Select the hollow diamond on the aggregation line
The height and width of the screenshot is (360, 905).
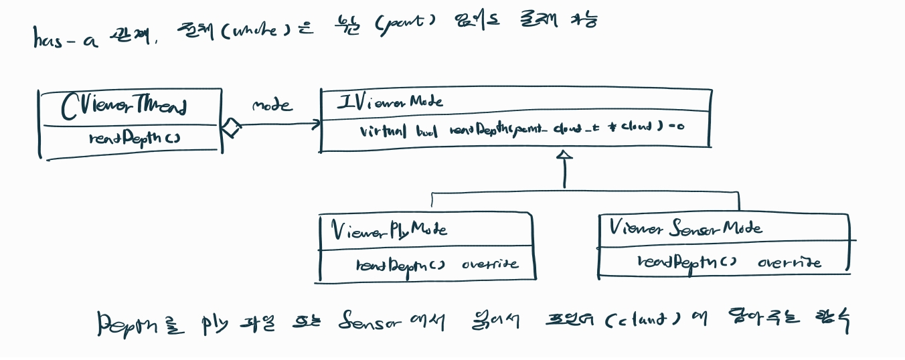coord(230,126)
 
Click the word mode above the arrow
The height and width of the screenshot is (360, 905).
coord(272,105)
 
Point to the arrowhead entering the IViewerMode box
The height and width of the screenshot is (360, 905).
coord(316,124)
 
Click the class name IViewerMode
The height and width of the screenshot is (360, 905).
coord(390,102)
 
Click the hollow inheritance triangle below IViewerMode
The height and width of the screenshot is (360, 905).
coord(565,155)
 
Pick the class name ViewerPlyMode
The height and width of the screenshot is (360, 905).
coord(390,230)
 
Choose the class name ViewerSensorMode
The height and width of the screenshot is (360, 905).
coord(685,228)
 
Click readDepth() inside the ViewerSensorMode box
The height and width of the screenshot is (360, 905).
coord(687,262)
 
